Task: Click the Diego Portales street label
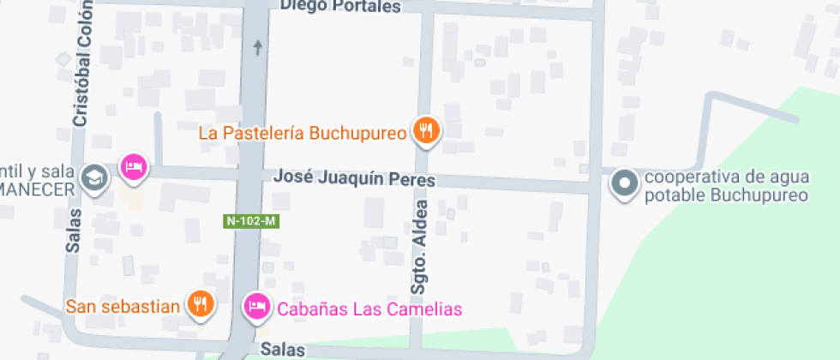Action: pyautogui.click(x=340, y=7)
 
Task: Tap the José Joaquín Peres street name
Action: pyautogui.click(x=355, y=179)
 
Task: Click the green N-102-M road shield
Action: pyautogui.click(x=252, y=221)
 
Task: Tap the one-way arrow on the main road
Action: pyautogui.click(x=257, y=47)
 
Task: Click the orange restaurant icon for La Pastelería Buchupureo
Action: pyautogui.click(x=426, y=130)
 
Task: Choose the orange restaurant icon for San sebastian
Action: pyautogui.click(x=200, y=304)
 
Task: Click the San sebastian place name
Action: pyautogui.click(x=123, y=306)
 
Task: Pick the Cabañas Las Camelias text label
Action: pyautogui.click(x=369, y=309)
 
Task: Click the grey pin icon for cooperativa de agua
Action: pyautogui.click(x=624, y=183)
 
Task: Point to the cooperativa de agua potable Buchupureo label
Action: pyautogui.click(x=726, y=186)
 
